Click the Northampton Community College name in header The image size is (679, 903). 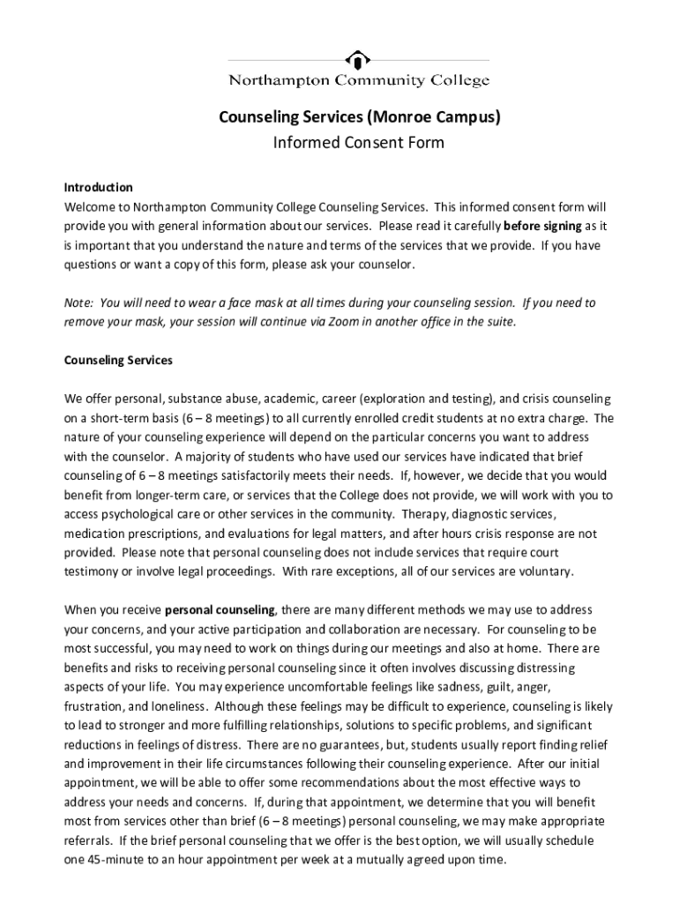click(x=358, y=81)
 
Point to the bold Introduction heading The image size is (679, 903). click(x=98, y=188)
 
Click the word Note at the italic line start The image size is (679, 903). click(x=78, y=303)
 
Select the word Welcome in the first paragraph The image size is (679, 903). click(x=88, y=207)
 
